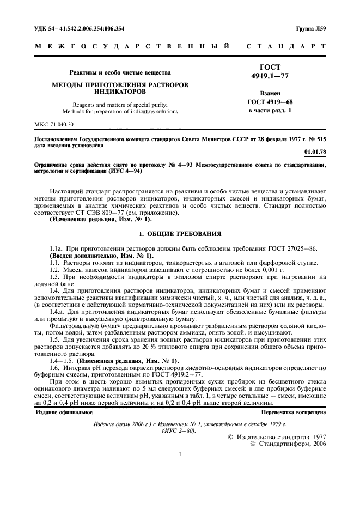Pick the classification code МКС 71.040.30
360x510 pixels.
pyautogui.click(x=57, y=125)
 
